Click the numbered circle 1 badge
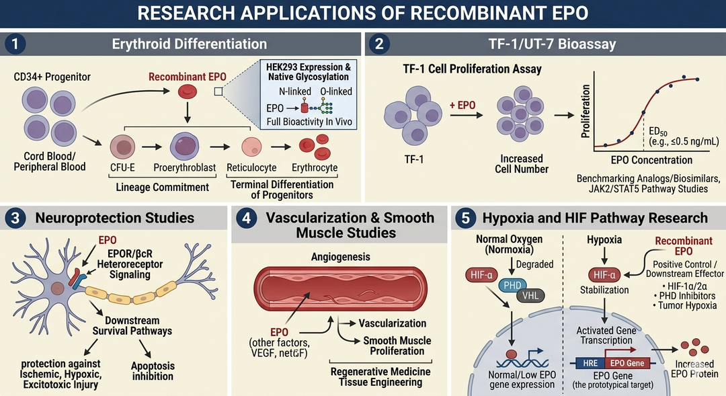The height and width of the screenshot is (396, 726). point(14,44)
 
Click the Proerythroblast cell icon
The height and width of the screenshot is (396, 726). point(184,145)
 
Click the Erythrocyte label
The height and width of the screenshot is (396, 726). point(315,167)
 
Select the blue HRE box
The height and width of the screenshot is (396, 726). point(587,363)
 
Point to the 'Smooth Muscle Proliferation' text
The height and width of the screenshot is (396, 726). point(394,345)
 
